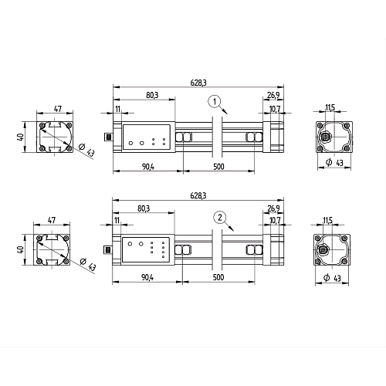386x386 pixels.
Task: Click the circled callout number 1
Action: point(215,102)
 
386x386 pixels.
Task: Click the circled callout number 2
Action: point(220,218)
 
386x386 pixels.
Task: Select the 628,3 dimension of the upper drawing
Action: point(198,83)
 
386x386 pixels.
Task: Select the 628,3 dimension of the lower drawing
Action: point(198,195)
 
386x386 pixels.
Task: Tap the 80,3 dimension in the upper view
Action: point(152,95)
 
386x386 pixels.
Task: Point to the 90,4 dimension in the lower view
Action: point(147,277)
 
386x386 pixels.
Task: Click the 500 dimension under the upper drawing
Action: point(218,167)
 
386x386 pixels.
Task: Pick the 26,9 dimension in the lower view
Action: point(273,208)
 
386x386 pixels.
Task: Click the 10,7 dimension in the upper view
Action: point(275,109)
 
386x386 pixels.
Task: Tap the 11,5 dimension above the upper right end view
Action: point(330,107)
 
